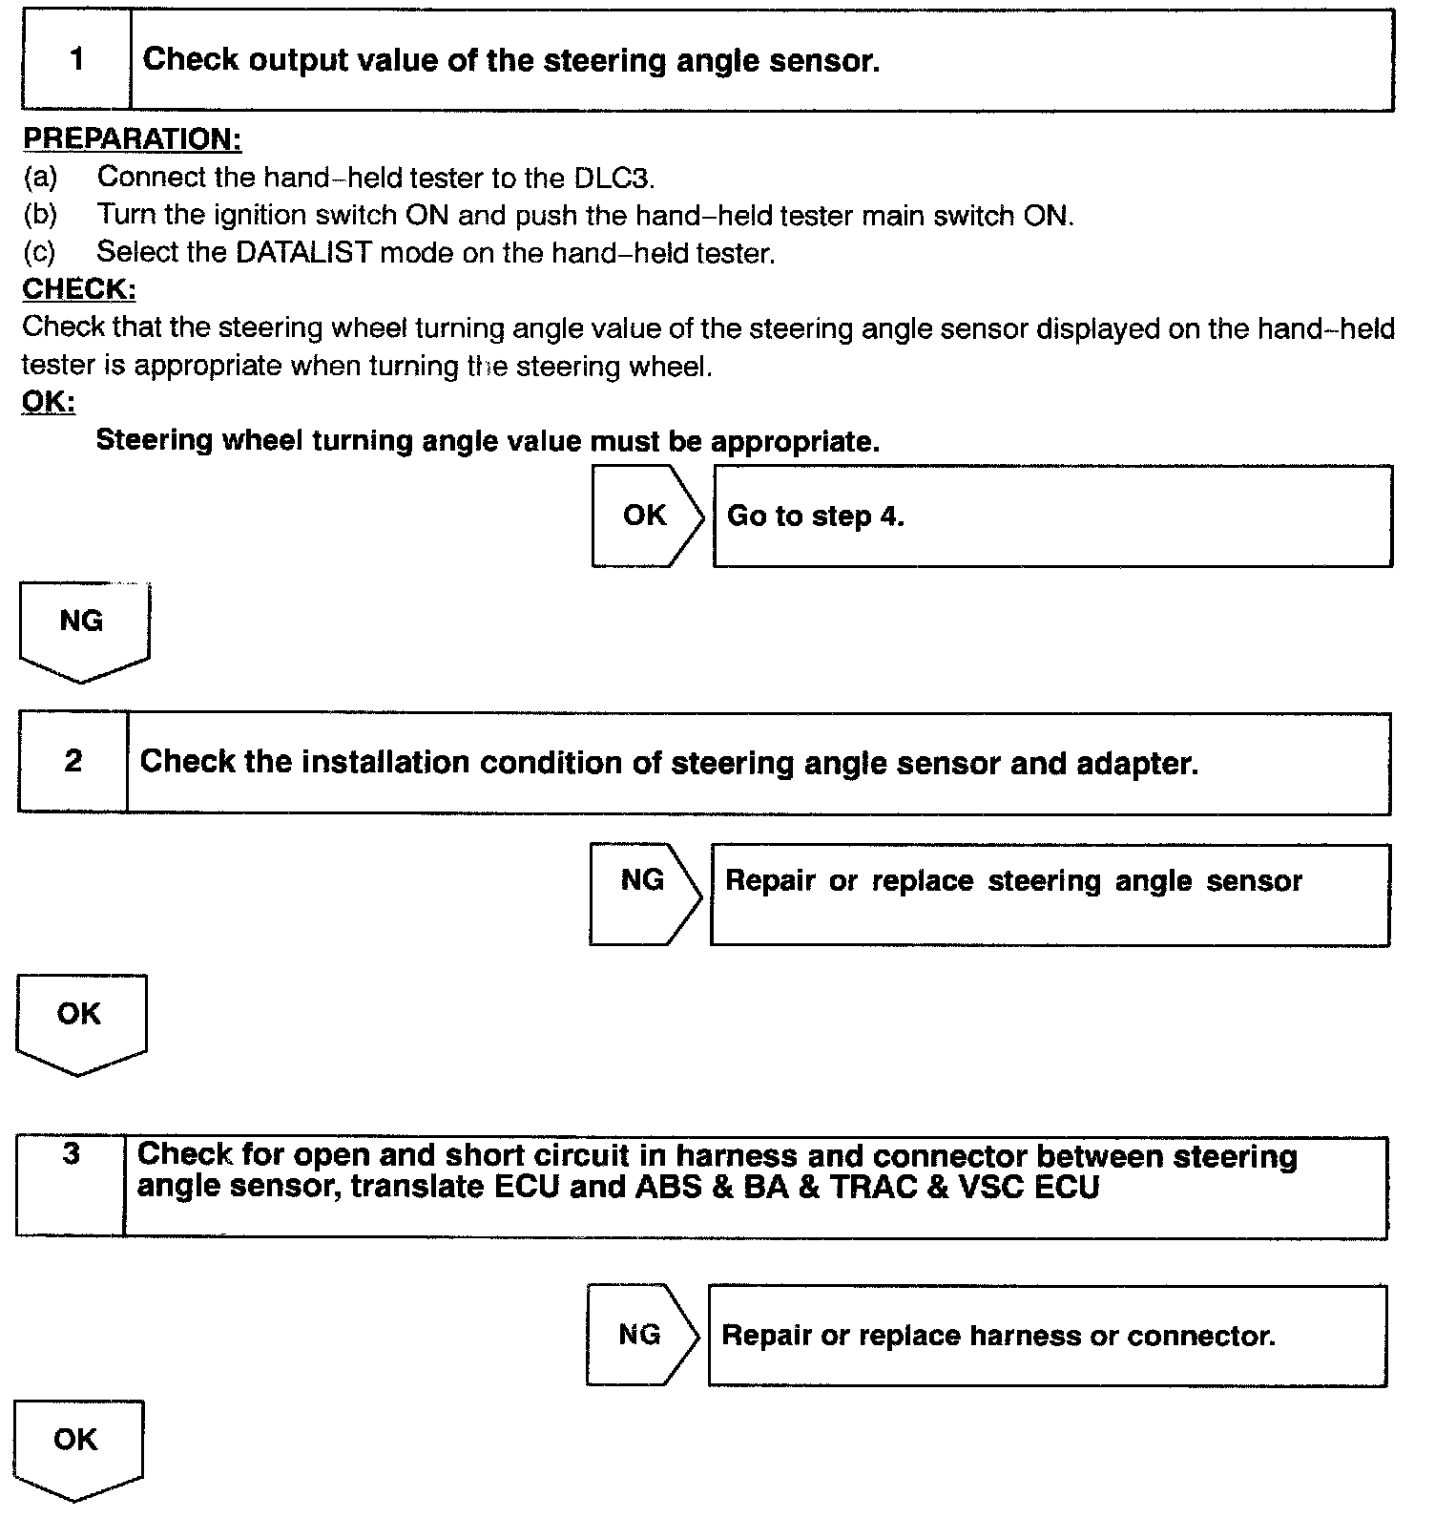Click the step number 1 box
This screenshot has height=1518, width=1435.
point(76,60)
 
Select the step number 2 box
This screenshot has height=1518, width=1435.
point(73,762)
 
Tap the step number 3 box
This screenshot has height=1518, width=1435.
point(71,1186)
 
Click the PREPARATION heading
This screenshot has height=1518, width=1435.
point(132,139)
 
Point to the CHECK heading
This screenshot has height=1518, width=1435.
point(79,289)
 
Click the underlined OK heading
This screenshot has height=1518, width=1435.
point(48,402)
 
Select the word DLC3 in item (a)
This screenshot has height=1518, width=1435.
point(614,179)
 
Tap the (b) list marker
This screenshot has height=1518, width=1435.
point(40,215)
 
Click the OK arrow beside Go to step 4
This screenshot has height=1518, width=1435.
point(646,516)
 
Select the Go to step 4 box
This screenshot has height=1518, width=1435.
point(1051,517)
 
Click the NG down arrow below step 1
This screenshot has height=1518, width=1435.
point(83,631)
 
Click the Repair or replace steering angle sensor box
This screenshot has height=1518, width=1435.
point(1049,894)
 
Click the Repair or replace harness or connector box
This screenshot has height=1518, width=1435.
point(1047,1335)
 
